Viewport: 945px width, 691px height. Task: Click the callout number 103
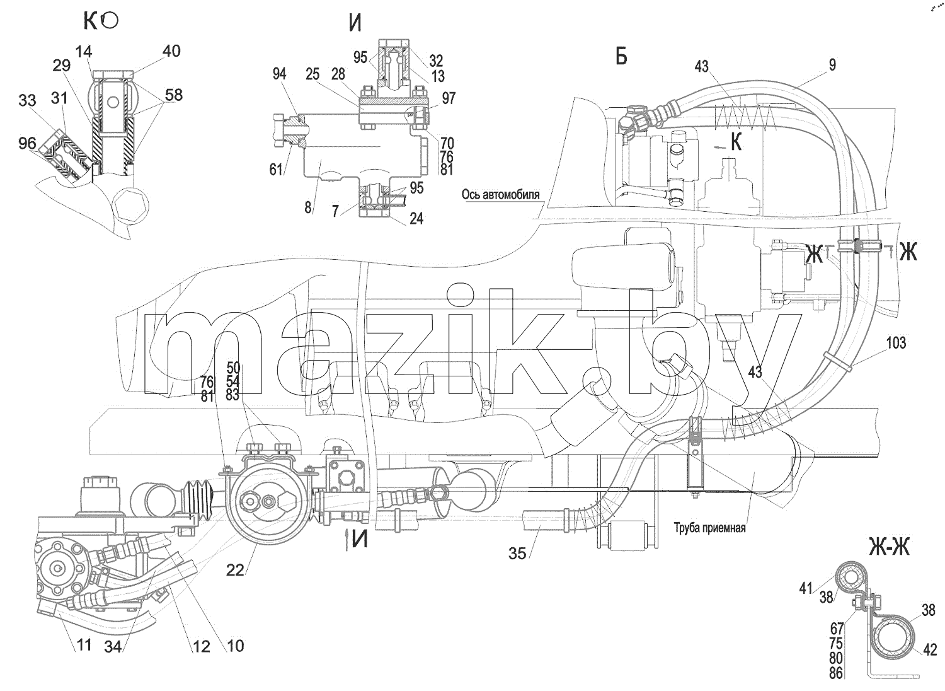point(896,342)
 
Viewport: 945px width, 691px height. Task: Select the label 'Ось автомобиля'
point(500,195)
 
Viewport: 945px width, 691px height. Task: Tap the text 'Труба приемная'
point(709,528)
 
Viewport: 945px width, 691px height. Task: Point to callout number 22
point(235,571)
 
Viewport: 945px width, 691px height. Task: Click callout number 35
point(517,554)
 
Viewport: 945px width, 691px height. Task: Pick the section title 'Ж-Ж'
point(890,547)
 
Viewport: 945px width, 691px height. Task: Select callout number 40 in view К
point(171,51)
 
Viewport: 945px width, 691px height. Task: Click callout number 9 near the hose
point(832,64)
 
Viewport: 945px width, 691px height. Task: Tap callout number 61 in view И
point(276,169)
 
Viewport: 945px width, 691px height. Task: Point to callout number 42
point(931,649)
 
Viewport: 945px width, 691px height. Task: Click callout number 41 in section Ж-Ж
point(805,588)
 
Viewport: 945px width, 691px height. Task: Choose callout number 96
point(27,144)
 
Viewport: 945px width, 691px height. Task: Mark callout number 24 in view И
point(416,218)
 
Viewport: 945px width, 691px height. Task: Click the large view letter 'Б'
point(621,56)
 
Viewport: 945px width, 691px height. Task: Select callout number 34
point(113,647)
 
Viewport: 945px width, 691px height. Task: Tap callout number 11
point(84,645)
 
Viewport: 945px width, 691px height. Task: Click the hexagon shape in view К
point(131,207)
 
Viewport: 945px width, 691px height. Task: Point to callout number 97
point(449,98)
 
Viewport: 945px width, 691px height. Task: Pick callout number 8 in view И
point(307,207)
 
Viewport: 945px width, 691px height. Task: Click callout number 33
point(27,100)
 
